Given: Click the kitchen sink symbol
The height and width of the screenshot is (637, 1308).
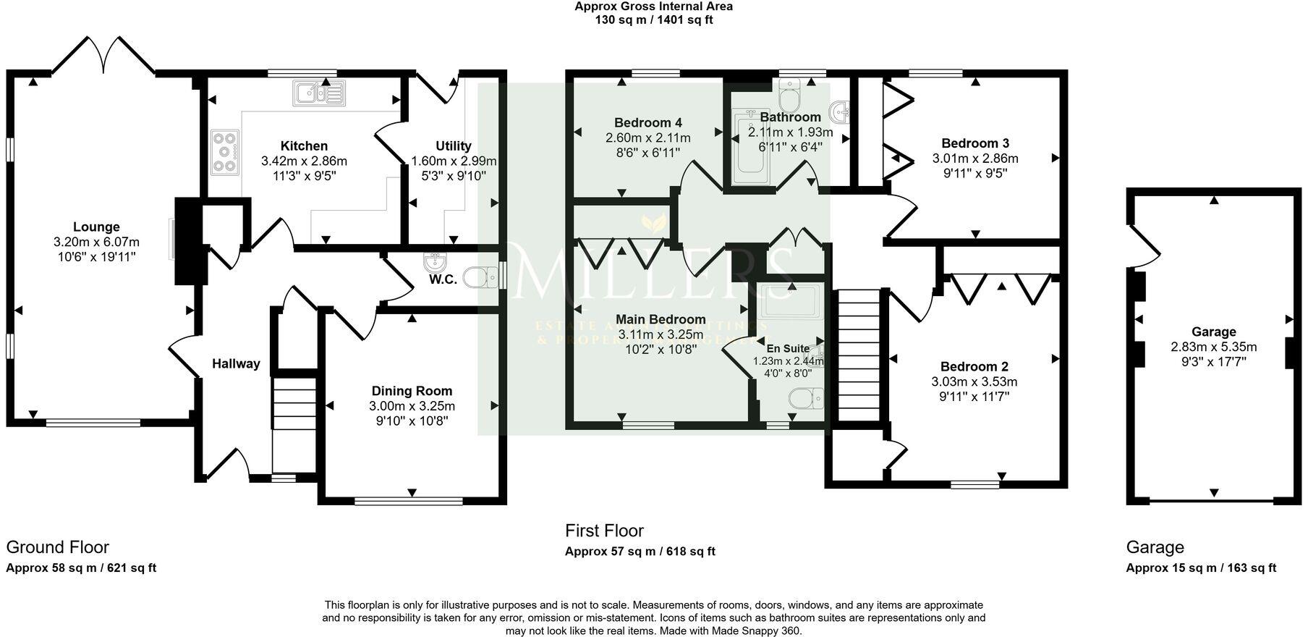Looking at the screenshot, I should coord(319,93).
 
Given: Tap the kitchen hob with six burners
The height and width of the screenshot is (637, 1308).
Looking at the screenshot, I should coord(225,152).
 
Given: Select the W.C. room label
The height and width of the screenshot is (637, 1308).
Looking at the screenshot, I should coord(443,279).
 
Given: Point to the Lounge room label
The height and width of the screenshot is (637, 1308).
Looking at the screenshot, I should coord(96,227).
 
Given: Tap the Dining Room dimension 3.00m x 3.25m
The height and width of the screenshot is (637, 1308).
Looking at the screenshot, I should coord(412,406).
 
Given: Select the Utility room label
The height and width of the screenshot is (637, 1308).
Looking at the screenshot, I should coord(454,145).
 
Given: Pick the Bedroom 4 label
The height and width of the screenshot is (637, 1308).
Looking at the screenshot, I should coord(647,122).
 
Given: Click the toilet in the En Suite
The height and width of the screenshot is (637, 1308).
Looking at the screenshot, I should coord(804,398).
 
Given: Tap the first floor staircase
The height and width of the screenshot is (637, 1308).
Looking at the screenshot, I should coord(858,355).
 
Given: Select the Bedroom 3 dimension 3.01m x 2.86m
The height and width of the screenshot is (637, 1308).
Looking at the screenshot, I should coord(974,159).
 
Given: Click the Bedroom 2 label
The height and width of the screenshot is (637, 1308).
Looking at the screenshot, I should coord(974,366).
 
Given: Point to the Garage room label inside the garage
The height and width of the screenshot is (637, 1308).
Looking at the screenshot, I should coord(1213,332).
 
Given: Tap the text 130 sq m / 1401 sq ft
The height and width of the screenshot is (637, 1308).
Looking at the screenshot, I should coord(653,20).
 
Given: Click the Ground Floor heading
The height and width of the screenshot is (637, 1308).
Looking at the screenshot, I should coord(58,547).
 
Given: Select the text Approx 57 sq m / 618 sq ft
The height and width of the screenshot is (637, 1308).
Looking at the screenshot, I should coord(640,552).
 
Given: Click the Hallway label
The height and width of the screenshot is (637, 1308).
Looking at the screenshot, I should coord(236,363).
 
